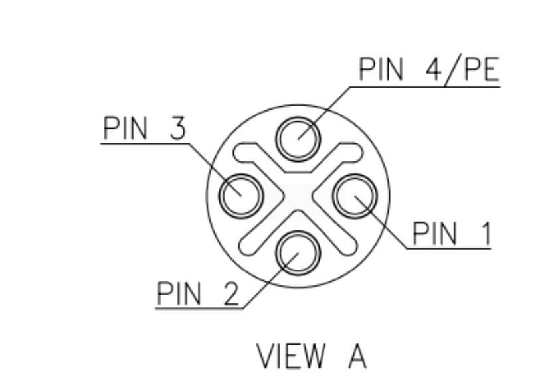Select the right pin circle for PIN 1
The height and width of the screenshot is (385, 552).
(355, 195)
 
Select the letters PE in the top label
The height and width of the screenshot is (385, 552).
(480, 70)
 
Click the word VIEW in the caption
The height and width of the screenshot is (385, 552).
(292, 356)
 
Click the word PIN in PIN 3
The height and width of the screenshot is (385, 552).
(127, 128)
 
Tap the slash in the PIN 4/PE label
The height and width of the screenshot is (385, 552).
(454, 70)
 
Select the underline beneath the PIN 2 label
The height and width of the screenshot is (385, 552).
(199, 308)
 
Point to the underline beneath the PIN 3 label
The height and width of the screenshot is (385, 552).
(143, 143)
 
